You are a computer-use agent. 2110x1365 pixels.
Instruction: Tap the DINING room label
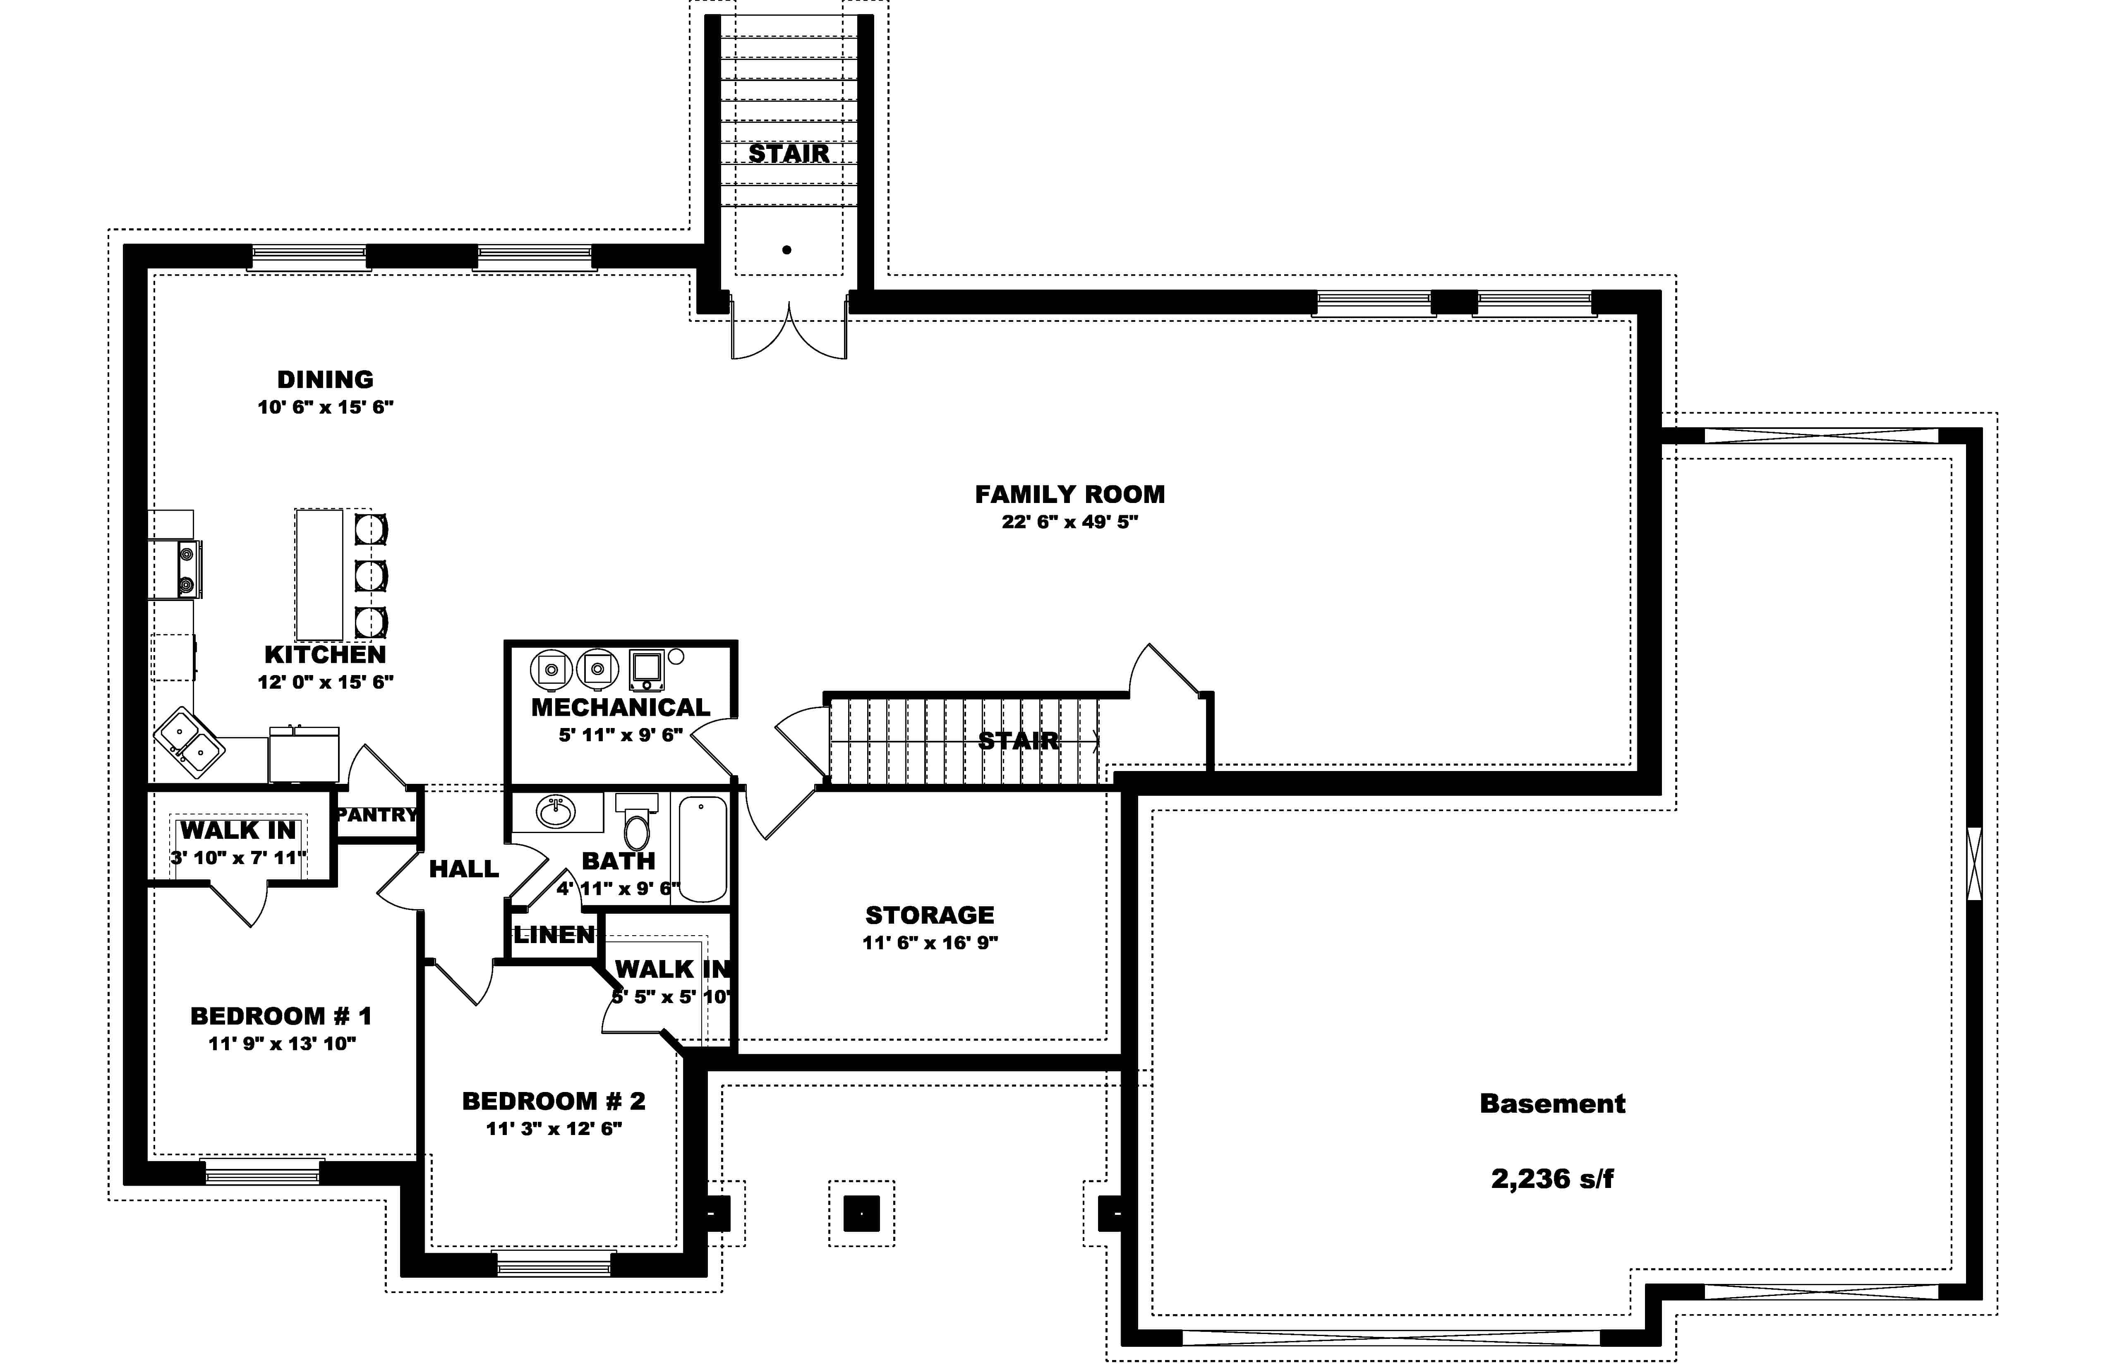tap(325, 379)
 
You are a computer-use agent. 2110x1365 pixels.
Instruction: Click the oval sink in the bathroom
tap(556, 811)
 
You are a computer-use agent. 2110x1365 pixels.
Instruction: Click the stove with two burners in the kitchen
tap(188, 569)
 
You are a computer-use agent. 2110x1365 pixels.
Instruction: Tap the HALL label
tap(464, 869)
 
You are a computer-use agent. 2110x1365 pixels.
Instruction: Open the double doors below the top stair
tap(788, 333)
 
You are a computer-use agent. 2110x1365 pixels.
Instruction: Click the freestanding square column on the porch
tap(861, 1212)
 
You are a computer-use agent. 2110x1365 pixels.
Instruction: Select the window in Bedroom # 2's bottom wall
tap(554, 1263)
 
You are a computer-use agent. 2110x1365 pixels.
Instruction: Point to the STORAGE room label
tap(929, 915)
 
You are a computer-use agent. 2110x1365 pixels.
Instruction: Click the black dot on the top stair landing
tap(786, 250)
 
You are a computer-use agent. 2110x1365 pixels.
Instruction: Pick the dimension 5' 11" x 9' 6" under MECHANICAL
tap(621, 735)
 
